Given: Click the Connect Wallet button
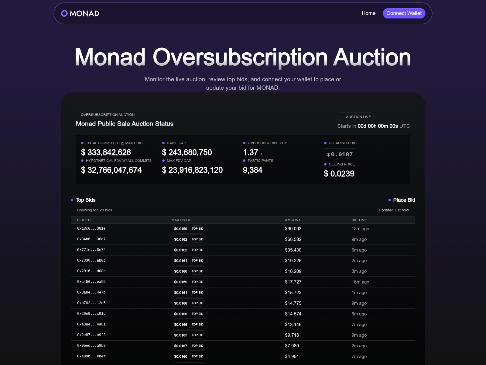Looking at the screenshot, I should [x=404, y=13].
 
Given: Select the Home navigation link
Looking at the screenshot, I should [x=368, y=13].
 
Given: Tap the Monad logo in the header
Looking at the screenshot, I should [x=80, y=13].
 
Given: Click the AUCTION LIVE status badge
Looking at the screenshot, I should [x=356, y=117].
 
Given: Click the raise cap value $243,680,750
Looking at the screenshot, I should [x=187, y=152].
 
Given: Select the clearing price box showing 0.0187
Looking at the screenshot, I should [x=340, y=155].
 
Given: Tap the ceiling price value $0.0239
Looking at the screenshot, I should [x=339, y=174].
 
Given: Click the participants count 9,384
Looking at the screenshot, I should [x=252, y=170].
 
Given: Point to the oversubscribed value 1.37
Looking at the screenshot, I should [x=251, y=152].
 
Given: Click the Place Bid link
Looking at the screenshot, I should [x=404, y=200].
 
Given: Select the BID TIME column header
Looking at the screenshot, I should [x=359, y=220].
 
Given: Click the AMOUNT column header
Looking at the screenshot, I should [x=293, y=220].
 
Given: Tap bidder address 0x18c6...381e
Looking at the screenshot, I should [x=91, y=228].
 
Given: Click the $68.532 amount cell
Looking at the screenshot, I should [x=293, y=239].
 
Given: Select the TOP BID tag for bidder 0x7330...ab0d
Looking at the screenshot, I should [x=197, y=261].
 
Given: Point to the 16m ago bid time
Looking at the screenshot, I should [x=360, y=282].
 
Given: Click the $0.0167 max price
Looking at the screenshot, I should [x=180, y=346].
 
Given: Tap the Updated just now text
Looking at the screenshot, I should [x=393, y=210].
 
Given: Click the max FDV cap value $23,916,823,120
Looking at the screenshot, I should [x=192, y=170].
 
